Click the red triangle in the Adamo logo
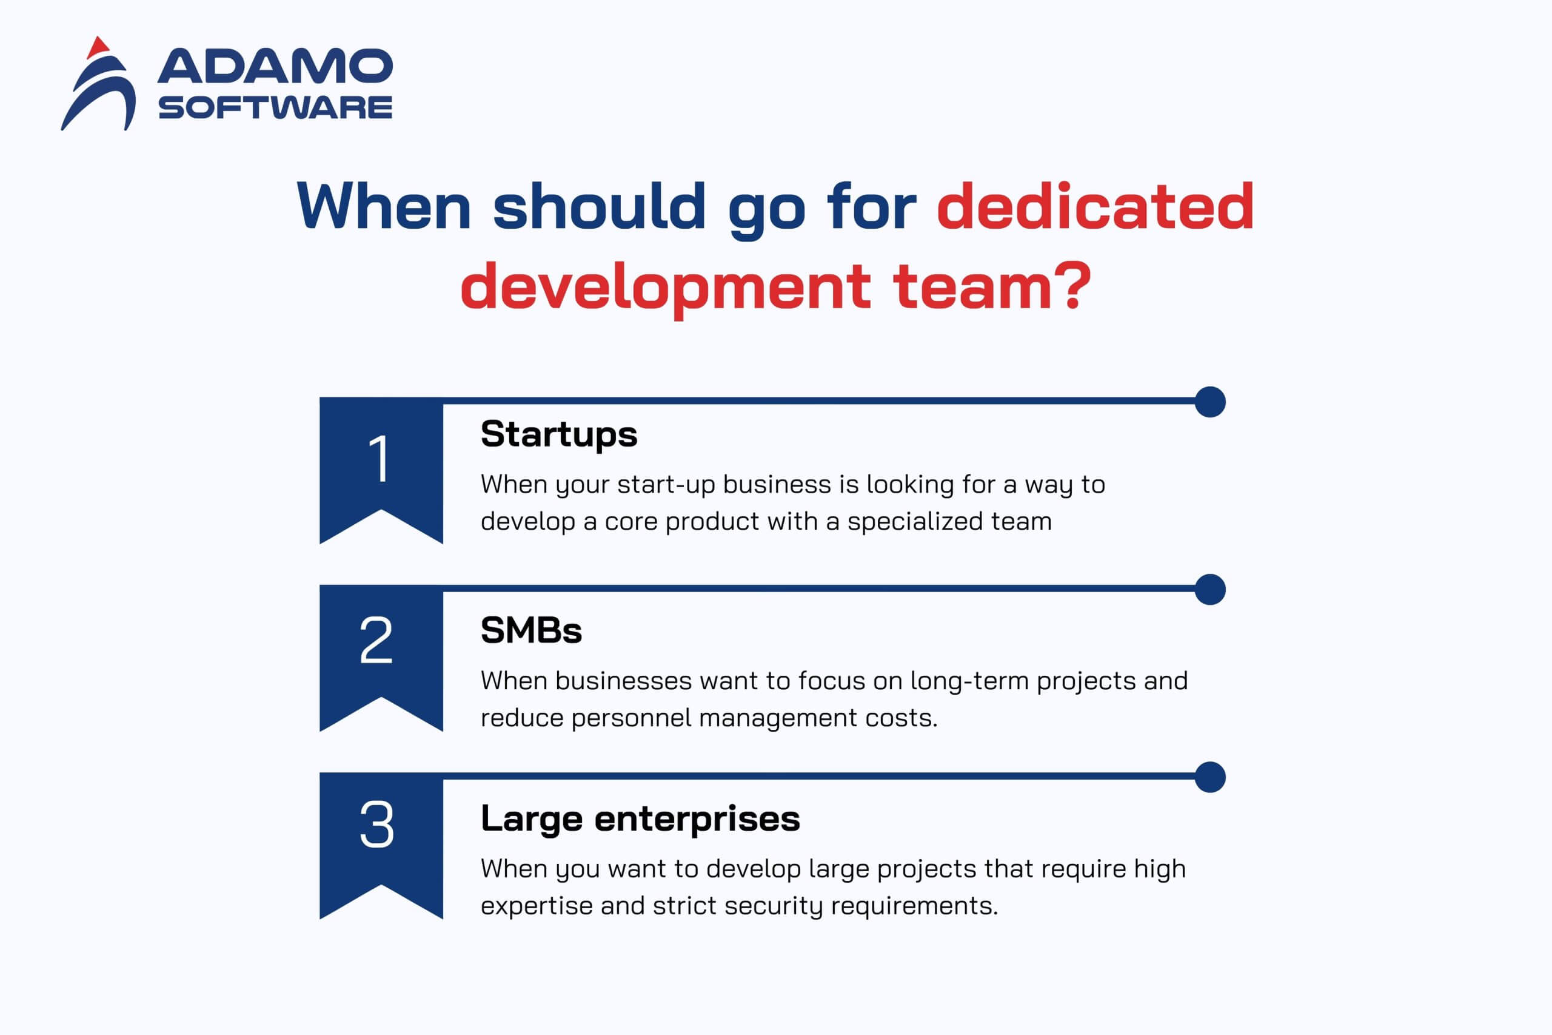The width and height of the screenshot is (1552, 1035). (98, 47)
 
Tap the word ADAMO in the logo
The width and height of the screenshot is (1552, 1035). (275, 66)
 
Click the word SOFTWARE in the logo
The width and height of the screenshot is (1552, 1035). (275, 107)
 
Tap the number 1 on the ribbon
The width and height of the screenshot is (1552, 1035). (380, 458)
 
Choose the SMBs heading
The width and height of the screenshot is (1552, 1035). (531, 630)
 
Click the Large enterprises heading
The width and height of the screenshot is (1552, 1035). (640, 820)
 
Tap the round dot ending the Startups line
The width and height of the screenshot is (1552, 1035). (1210, 402)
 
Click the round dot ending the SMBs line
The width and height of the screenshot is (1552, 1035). (1210, 590)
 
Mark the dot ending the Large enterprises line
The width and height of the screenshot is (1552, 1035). (1210, 777)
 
